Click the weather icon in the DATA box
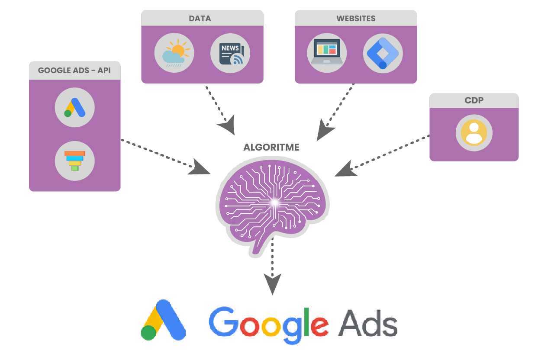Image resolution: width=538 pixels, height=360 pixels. tap(174, 54)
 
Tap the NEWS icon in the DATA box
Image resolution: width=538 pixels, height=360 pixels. tap(230, 54)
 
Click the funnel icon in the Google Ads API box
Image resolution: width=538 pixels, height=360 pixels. tap(74, 161)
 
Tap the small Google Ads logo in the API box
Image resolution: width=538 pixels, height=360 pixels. tap(74, 108)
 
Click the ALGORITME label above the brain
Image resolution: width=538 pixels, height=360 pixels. tap(271, 147)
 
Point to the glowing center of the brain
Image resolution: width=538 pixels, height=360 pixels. tap(274, 202)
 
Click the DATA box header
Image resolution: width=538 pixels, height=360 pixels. tap(202, 18)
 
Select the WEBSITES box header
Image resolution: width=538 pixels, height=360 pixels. tap(356, 18)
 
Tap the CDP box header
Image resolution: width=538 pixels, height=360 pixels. tap(474, 100)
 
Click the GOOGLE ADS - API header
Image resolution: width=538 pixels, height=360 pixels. tap(74, 70)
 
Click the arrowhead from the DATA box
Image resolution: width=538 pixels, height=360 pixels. tap(227, 125)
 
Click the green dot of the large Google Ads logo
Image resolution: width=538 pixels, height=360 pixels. tap(149, 332)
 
